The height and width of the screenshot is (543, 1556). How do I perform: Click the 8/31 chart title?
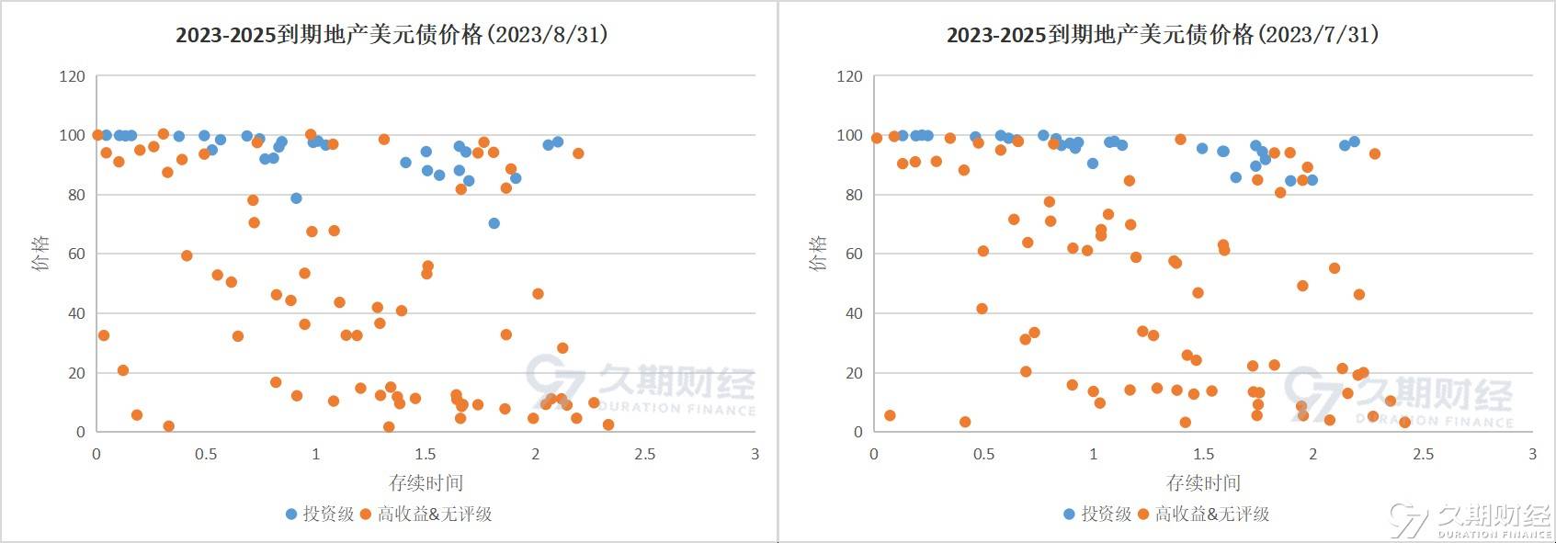(x=392, y=35)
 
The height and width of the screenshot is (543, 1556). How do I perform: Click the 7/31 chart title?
(x=1163, y=35)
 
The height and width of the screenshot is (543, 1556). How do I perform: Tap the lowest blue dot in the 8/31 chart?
(x=494, y=223)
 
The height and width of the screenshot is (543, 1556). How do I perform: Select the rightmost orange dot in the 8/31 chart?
(x=608, y=424)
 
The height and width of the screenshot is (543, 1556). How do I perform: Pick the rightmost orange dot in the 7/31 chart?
(x=1404, y=423)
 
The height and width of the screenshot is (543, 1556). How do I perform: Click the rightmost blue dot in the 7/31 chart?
(x=1354, y=141)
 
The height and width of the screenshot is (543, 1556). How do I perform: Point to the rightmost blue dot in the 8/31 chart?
(x=557, y=141)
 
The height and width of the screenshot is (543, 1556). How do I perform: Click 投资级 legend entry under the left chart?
(x=320, y=515)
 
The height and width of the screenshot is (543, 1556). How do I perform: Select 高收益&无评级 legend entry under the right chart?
(x=1203, y=515)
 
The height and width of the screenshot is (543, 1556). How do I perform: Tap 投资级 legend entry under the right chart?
(x=1097, y=515)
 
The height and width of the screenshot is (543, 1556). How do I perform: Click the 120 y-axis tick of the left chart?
(x=72, y=76)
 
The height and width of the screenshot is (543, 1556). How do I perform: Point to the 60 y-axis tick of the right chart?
(x=852, y=254)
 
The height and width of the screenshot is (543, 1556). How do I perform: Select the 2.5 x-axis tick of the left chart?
(x=645, y=454)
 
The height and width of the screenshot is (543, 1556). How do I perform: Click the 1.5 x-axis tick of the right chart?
(x=1203, y=454)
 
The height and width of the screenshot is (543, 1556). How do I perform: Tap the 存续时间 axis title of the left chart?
(x=426, y=482)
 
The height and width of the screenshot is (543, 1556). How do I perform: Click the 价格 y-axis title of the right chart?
(x=817, y=254)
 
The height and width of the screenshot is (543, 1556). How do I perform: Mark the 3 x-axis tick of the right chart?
(x=1532, y=454)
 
